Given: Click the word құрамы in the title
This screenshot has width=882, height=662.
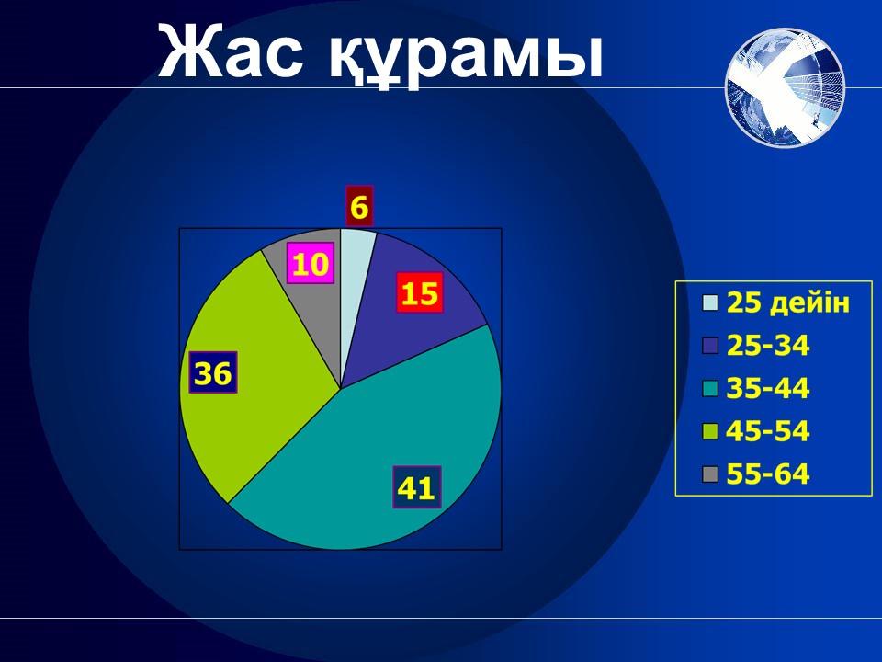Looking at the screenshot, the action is click(x=467, y=56).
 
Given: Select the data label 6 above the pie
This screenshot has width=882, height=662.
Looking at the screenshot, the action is click(x=359, y=207).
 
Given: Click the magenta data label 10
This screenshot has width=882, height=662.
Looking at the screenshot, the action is click(x=311, y=264).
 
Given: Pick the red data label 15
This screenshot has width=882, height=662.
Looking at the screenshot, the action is click(x=420, y=292).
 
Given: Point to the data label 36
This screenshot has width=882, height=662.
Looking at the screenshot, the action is click(x=212, y=372).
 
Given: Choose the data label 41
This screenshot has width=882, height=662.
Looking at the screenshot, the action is click(x=416, y=487).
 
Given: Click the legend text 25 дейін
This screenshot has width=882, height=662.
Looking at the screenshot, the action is click(x=788, y=302).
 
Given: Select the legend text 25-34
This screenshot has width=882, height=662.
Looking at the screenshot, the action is click(x=768, y=345).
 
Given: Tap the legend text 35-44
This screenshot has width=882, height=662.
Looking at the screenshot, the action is click(x=768, y=388).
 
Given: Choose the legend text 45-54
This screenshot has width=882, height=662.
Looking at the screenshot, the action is click(x=768, y=430).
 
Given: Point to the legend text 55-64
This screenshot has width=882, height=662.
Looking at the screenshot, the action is click(x=768, y=474).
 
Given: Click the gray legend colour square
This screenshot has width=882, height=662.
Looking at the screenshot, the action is click(x=710, y=474).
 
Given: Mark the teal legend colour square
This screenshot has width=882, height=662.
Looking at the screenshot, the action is click(x=710, y=389).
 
